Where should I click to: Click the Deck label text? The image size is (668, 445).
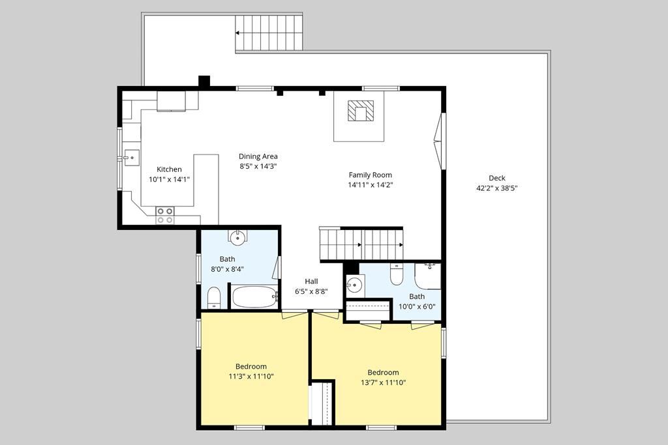coord(496,178)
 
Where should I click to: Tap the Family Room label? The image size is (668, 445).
coord(370,175)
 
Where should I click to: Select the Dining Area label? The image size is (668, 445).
coord(258,156)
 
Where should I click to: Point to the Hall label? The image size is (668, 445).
coord(311,281)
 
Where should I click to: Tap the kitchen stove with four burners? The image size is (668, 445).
coord(164,215)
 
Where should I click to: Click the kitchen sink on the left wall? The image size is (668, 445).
coord(131,156)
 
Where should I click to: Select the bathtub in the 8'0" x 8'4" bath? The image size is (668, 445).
coord(254,297)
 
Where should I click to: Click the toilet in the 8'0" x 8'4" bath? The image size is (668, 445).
coord(214,298)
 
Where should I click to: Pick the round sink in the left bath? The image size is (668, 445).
coord(238,237)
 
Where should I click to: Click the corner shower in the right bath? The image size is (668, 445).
coord(428,276)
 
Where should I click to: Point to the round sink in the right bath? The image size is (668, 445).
coord(354,285)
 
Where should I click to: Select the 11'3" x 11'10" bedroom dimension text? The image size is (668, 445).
coord(251,377)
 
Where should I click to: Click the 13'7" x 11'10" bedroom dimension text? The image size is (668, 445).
coord(383,382)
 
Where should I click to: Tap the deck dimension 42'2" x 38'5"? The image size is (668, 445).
coord(496,188)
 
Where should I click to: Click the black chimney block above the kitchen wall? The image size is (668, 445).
coord(204,81)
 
